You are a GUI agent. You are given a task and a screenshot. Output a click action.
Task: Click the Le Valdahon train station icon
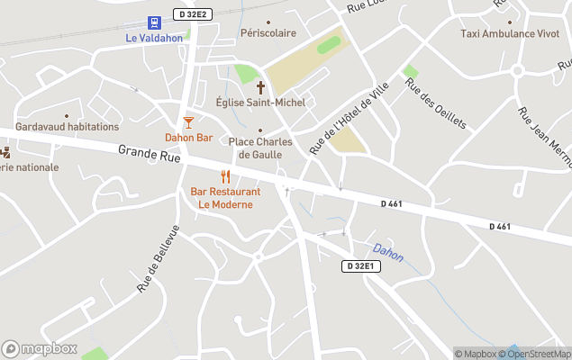point(154,22)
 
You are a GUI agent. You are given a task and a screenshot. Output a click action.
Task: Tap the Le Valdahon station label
point(154,38)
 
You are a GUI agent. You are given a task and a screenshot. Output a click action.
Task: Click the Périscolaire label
point(268,33)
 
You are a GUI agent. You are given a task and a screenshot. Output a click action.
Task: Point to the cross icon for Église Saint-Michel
point(261,87)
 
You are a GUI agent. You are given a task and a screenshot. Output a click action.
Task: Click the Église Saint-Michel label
point(261,103)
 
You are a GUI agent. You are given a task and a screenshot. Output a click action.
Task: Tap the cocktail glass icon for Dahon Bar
point(188,121)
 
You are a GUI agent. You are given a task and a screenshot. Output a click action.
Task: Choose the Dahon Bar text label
point(188,138)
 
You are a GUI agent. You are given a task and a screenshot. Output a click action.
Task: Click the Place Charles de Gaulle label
point(260,148)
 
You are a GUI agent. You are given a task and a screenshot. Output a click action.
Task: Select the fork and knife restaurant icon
point(225,176)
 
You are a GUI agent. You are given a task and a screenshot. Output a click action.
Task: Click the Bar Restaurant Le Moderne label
point(225,198)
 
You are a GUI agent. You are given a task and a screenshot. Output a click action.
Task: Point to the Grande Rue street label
point(150,154)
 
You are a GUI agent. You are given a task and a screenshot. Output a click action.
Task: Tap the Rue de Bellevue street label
point(159,259)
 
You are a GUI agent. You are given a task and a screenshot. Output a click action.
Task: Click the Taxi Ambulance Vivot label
point(509,33)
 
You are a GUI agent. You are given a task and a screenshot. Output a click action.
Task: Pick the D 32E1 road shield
point(362,266)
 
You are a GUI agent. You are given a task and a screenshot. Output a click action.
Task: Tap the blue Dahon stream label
point(388,252)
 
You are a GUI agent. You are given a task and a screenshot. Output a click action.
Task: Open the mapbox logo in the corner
point(40,348)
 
